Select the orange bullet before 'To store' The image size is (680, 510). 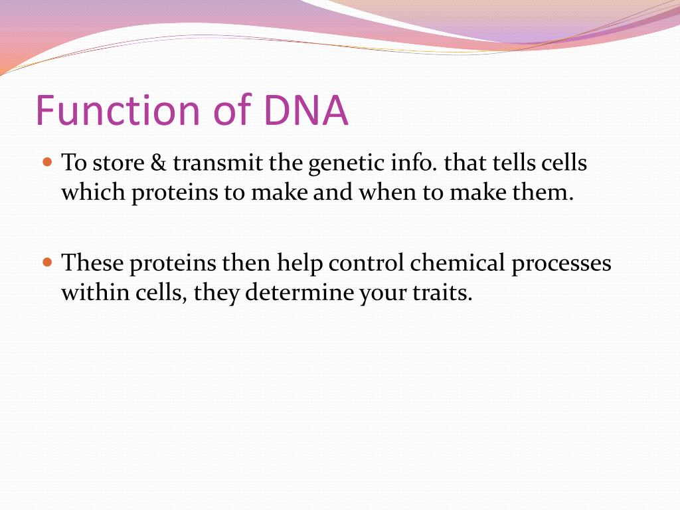(47, 163)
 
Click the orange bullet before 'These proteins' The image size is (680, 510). (47, 262)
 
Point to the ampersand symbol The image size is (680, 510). (158, 163)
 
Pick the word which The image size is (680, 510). (93, 192)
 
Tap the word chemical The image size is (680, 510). (458, 263)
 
